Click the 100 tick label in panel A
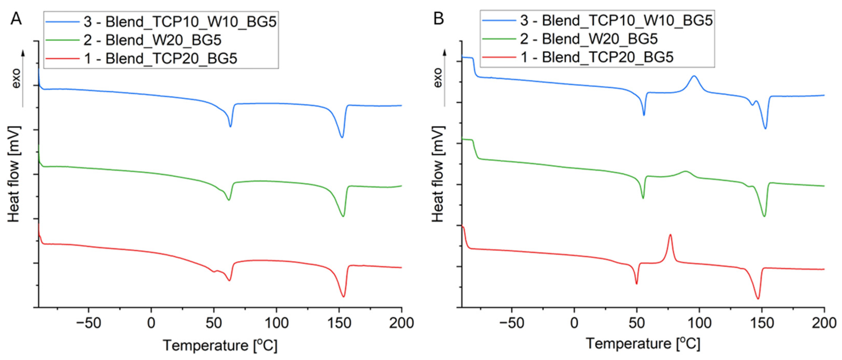coord(276,323)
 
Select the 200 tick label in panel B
coord(824,323)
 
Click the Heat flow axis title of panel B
coord(438,174)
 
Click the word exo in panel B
coord(438,78)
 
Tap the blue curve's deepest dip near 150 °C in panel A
coord(342,137)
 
